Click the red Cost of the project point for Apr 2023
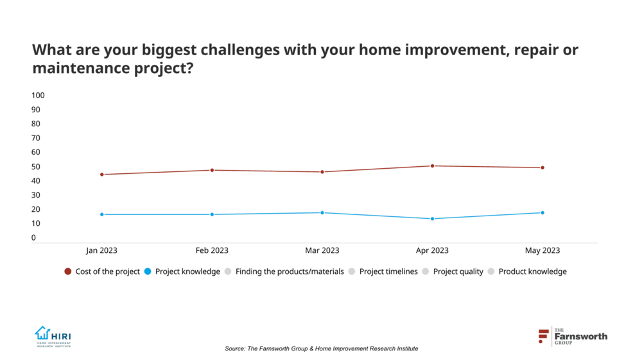[x=433, y=166]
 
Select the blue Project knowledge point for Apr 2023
[x=433, y=219]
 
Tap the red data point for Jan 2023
[x=102, y=175]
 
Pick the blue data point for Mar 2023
[x=322, y=213]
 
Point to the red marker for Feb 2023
[x=212, y=170]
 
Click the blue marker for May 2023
[x=542, y=213]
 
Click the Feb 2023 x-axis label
[x=212, y=250]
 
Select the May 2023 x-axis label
[x=542, y=250]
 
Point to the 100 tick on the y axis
[x=38, y=96]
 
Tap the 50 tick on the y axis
[x=36, y=167]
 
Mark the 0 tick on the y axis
[x=34, y=238]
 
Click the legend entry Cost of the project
[x=102, y=271]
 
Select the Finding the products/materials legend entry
[x=284, y=271]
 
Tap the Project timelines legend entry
[x=383, y=271]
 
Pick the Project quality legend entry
[x=452, y=271]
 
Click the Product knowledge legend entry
[x=526, y=271]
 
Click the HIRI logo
[x=53, y=336]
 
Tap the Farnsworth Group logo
[x=572, y=336]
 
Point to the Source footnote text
[x=321, y=348]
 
